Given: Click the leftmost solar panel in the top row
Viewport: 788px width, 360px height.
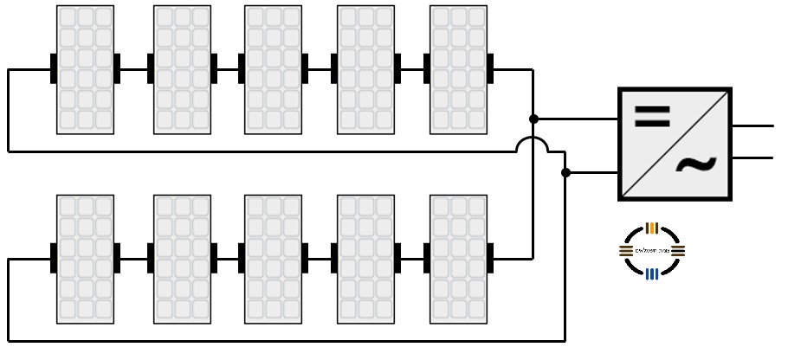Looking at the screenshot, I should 85,69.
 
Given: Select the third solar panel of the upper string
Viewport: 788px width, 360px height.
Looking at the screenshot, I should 273,69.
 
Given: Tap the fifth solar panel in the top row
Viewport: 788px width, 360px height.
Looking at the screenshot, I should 458,69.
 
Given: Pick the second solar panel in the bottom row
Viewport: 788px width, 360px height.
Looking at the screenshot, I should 182,258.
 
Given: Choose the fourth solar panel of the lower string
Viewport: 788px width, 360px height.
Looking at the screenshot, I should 365,258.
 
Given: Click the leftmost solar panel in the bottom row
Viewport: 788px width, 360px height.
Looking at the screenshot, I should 85,258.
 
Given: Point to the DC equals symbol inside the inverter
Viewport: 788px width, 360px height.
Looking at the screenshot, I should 652,117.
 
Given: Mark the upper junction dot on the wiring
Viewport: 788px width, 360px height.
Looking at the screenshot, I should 533,119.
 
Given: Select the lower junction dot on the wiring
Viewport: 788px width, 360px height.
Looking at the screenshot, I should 565,173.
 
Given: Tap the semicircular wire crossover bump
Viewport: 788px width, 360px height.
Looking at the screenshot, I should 533,144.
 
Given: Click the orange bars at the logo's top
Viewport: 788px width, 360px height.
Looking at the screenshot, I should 652,228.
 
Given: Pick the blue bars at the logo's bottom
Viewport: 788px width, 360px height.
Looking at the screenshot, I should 652,273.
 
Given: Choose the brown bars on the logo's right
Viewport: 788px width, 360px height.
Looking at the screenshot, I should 677,251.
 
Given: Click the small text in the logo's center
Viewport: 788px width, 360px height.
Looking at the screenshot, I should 652,251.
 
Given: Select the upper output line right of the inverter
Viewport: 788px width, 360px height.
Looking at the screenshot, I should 753,125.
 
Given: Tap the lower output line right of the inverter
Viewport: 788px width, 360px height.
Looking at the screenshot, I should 753,157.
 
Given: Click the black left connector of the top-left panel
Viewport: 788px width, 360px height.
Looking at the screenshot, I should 54,69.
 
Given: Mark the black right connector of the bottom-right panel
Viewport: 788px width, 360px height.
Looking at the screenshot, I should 490,258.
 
